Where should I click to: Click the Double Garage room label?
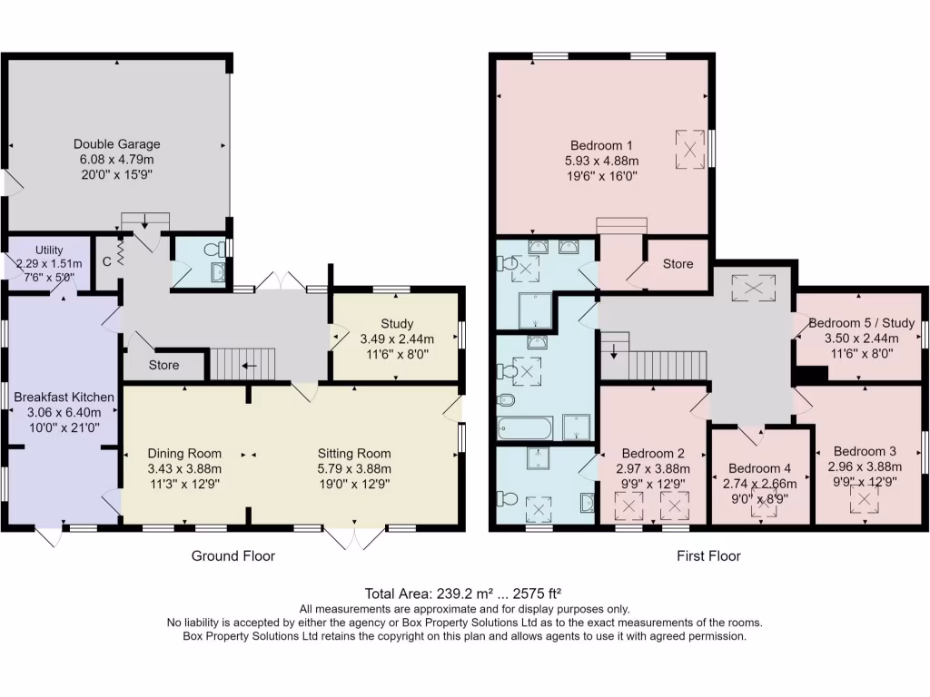pos(117,144)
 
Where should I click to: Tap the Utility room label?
pos(49,250)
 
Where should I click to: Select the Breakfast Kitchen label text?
pos(64,398)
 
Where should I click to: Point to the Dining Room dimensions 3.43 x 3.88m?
pos(184,469)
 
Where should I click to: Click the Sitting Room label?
pos(354,454)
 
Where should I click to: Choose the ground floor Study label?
pos(397,324)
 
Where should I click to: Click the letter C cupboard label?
pos(107,261)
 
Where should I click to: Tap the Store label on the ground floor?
pos(163,365)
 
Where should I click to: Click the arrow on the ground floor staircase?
pos(250,366)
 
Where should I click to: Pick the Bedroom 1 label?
pos(601,145)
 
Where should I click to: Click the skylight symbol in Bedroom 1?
pos(690,150)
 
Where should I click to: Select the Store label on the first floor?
pos(678,264)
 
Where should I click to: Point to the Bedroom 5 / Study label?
pos(862,323)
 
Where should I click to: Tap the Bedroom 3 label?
pos(865,452)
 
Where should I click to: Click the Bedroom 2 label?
pos(653,454)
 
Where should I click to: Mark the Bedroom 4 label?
pos(760,469)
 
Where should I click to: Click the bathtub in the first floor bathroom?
pos(526,428)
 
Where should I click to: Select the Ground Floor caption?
pos(233,556)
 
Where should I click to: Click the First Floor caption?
pos(708,556)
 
